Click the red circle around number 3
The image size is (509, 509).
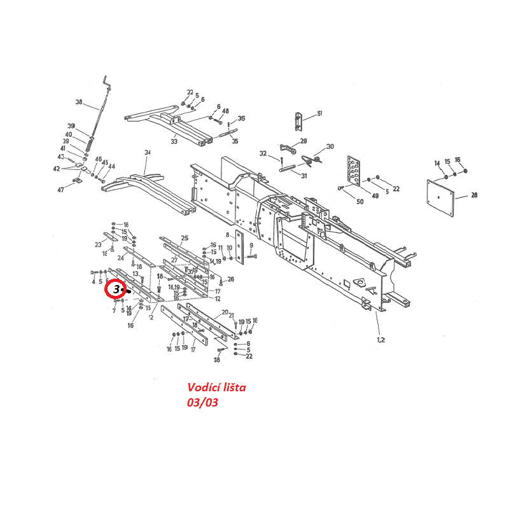[116, 289]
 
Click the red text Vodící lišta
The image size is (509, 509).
[216, 387]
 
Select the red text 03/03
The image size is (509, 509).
[202, 402]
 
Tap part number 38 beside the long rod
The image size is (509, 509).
[79, 102]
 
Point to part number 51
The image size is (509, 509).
[319, 113]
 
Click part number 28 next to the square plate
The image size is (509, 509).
[474, 196]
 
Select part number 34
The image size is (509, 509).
[148, 153]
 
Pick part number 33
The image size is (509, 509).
[174, 141]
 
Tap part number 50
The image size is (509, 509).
[360, 202]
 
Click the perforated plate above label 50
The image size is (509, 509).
[355, 171]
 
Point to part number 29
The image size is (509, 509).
[303, 141]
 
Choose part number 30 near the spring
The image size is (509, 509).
[330, 147]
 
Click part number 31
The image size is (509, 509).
[303, 176]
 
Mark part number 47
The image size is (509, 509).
[60, 190]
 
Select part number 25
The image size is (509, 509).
[185, 239]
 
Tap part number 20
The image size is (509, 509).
[225, 312]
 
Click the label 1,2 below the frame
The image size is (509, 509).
[381, 340]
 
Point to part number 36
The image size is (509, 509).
[241, 119]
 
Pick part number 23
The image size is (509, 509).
[98, 244]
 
